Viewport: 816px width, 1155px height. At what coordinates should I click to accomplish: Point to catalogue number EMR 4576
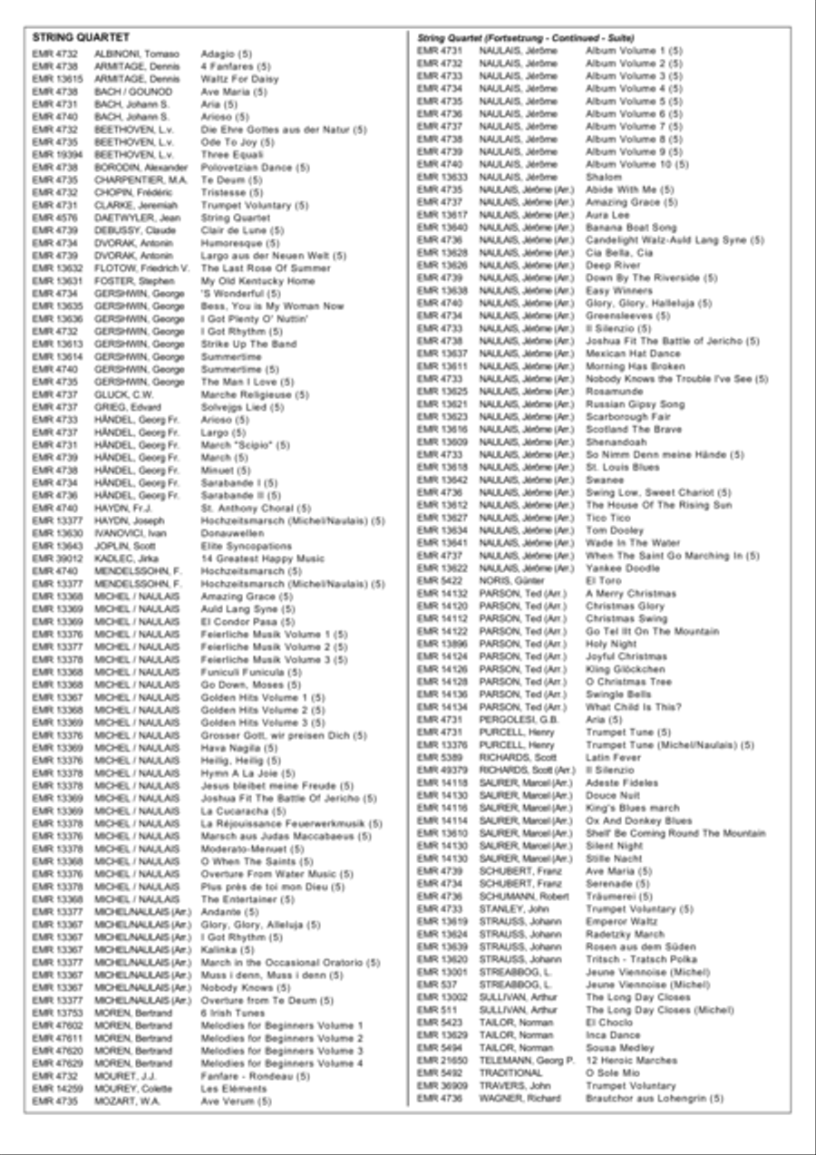53,218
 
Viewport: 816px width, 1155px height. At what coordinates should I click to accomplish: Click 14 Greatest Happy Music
262,559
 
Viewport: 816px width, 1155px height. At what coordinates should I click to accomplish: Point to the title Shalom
604,177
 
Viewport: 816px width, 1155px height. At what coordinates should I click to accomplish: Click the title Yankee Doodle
623,568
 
